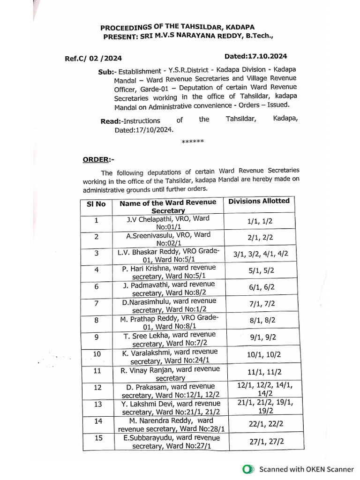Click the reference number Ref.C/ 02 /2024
pos(93,59)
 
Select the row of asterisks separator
pos(192,141)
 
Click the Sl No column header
pos(96,204)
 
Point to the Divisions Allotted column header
pos(259,201)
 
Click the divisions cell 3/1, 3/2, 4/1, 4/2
pos(261,254)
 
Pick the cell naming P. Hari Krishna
pos(169,272)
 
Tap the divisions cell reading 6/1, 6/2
pos(259,287)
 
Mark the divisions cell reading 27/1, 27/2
pos(260,442)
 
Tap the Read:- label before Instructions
pos(111,121)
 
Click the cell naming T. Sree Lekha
pos(170,339)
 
